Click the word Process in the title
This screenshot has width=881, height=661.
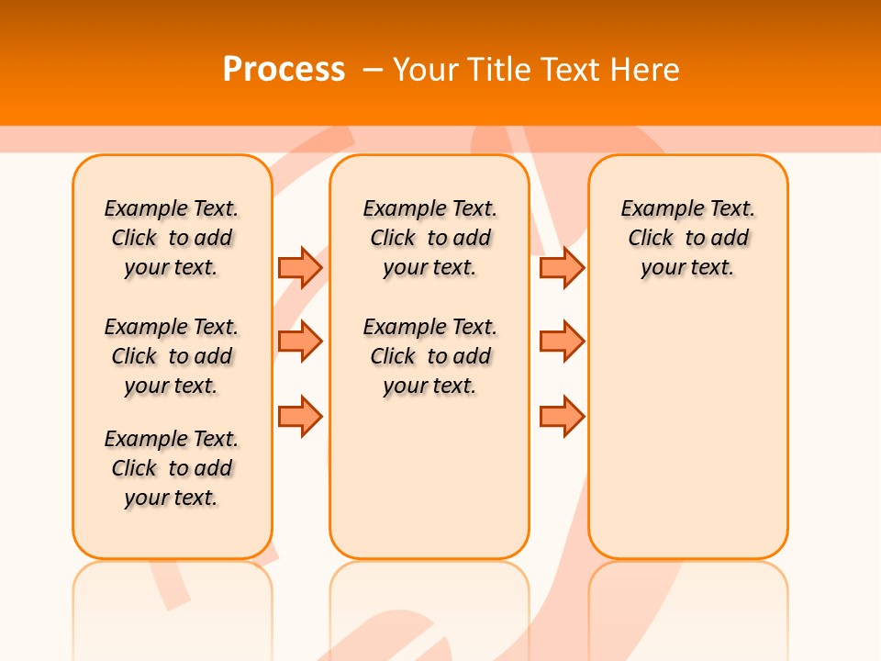pyautogui.click(x=284, y=69)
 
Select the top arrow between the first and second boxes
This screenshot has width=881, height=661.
pyautogui.click(x=300, y=267)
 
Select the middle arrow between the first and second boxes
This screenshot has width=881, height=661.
pyautogui.click(x=300, y=342)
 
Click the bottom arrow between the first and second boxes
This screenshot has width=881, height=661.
pyautogui.click(x=300, y=416)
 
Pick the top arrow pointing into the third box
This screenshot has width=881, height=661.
pyautogui.click(x=562, y=267)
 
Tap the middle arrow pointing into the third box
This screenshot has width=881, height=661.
pyautogui.click(x=562, y=342)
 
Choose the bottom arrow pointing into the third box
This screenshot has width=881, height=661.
pyautogui.click(x=562, y=416)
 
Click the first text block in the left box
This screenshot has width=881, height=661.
pyautogui.click(x=172, y=238)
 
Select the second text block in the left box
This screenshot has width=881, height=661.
pyautogui.click(x=172, y=356)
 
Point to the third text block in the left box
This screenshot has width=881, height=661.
pyautogui.click(x=172, y=468)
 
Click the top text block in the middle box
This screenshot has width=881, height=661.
pyautogui.click(x=429, y=238)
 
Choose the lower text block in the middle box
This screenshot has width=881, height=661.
pyautogui.click(x=429, y=356)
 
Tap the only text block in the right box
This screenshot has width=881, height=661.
pyautogui.click(x=687, y=238)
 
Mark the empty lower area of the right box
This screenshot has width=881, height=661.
pyautogui.click(x=687, y=431)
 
